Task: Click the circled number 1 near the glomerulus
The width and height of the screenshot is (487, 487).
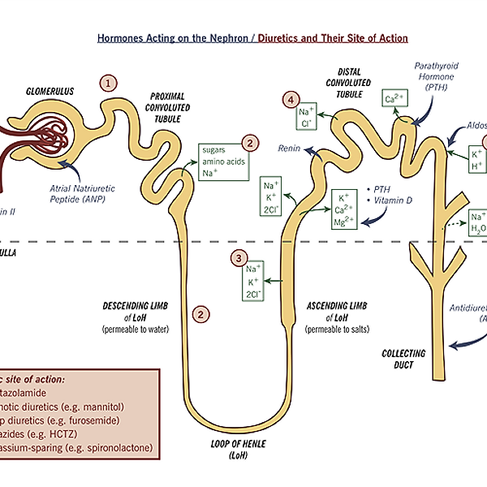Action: [108, 82]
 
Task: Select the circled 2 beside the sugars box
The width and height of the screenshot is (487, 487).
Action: [251, 143]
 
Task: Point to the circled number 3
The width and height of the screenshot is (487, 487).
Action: [238, 258]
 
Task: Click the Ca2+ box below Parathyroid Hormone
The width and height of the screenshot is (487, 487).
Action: [394, 100]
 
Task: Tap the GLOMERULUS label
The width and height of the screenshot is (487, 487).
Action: [50, 91]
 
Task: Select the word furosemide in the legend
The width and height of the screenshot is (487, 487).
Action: [98, 420]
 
